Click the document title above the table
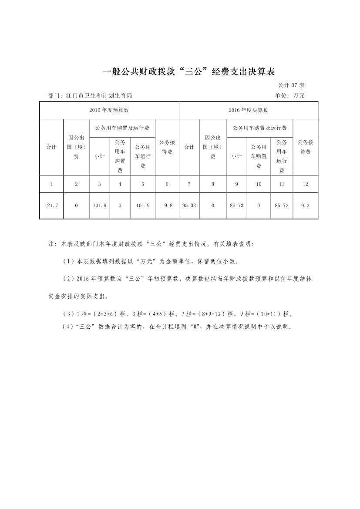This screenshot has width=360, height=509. (189, 72)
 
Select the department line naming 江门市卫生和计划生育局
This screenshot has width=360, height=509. (90, 95)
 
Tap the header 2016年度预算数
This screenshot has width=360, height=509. (109, 110)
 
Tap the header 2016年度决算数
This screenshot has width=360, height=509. (249, 110)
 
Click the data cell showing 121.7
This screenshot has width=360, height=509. (51, 205)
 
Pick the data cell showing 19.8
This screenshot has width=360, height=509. (167, 205)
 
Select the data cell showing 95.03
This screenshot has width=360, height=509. (189, 205)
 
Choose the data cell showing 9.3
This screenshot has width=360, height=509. (305, 205)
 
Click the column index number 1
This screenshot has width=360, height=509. (51, 184)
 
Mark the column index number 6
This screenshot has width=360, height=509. (167, 184)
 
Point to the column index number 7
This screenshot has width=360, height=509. (189, 184)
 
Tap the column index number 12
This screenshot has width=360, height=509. (305, 184)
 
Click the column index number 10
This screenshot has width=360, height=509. (259, 184)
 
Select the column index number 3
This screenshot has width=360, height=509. (100, 184)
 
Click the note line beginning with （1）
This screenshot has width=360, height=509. (151, 261)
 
